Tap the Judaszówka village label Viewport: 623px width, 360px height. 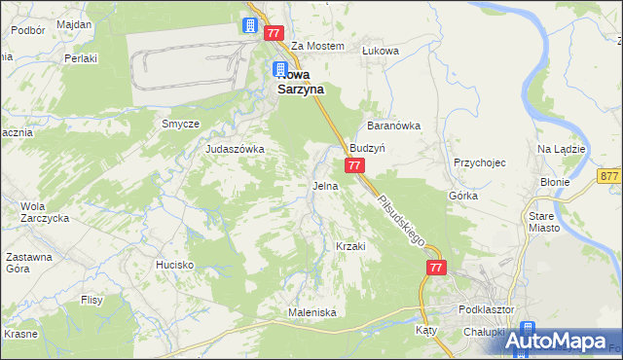coord(235,149)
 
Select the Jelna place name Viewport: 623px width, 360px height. coord(325,185)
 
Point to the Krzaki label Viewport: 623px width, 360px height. coord(350,246)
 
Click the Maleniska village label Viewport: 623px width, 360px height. coord(311,312)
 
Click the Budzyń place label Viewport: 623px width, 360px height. coord(369,149)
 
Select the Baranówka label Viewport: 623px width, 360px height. coord(392,126)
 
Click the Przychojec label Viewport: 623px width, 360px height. coord(479,163)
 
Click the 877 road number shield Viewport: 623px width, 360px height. coord(610,176)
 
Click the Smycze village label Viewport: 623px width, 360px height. coord(181,125)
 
